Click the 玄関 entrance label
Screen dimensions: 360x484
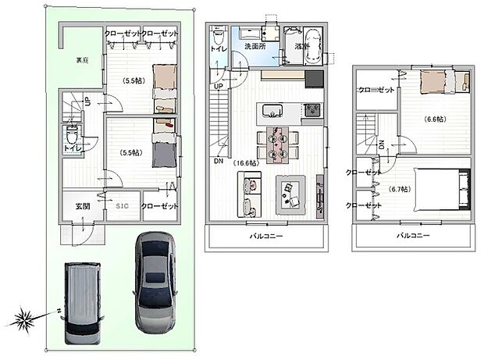[x=84, y=206]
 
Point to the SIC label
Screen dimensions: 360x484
[x=122, y=206]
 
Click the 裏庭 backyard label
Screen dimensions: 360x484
[x=82, y=60]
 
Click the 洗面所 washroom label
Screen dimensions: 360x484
[x=255, y=46]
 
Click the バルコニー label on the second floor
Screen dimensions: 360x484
[x=265, y=235]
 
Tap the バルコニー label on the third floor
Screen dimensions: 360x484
[x=412, y=235]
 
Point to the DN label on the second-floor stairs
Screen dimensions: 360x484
[x=217, y=162]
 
